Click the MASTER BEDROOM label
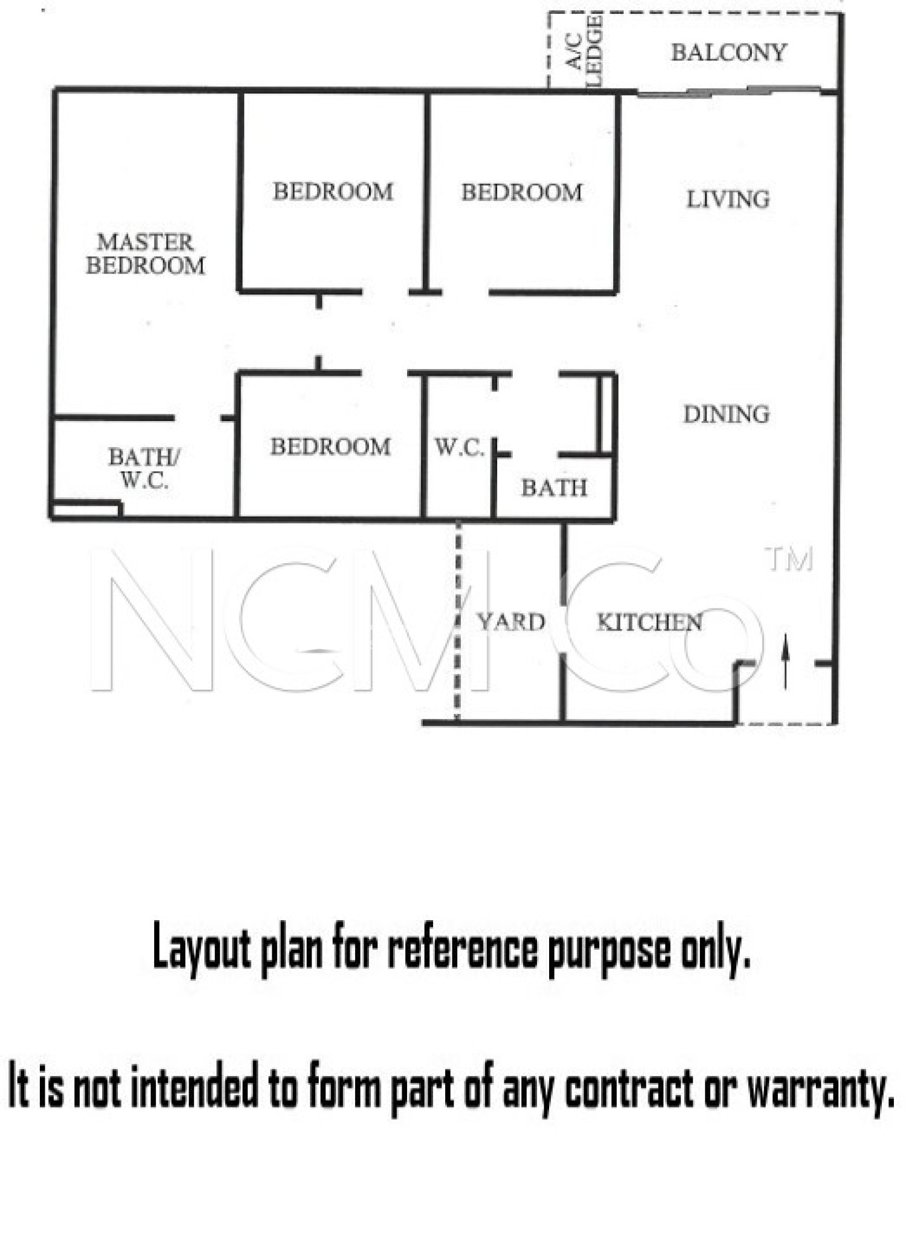(145, 254)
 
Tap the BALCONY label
(728, 53)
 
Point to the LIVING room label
(728, 199)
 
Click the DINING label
(726, 414)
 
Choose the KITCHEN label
(649, 623)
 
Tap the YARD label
(511, 622)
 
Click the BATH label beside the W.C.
(554, 488)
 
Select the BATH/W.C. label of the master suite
(143, 468)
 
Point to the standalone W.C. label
(459, 448)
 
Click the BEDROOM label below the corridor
(330, 447)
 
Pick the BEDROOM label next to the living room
(521, 192)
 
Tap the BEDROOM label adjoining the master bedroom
(333, 192)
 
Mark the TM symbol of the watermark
(789, 560)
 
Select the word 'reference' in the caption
(463, 950)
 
